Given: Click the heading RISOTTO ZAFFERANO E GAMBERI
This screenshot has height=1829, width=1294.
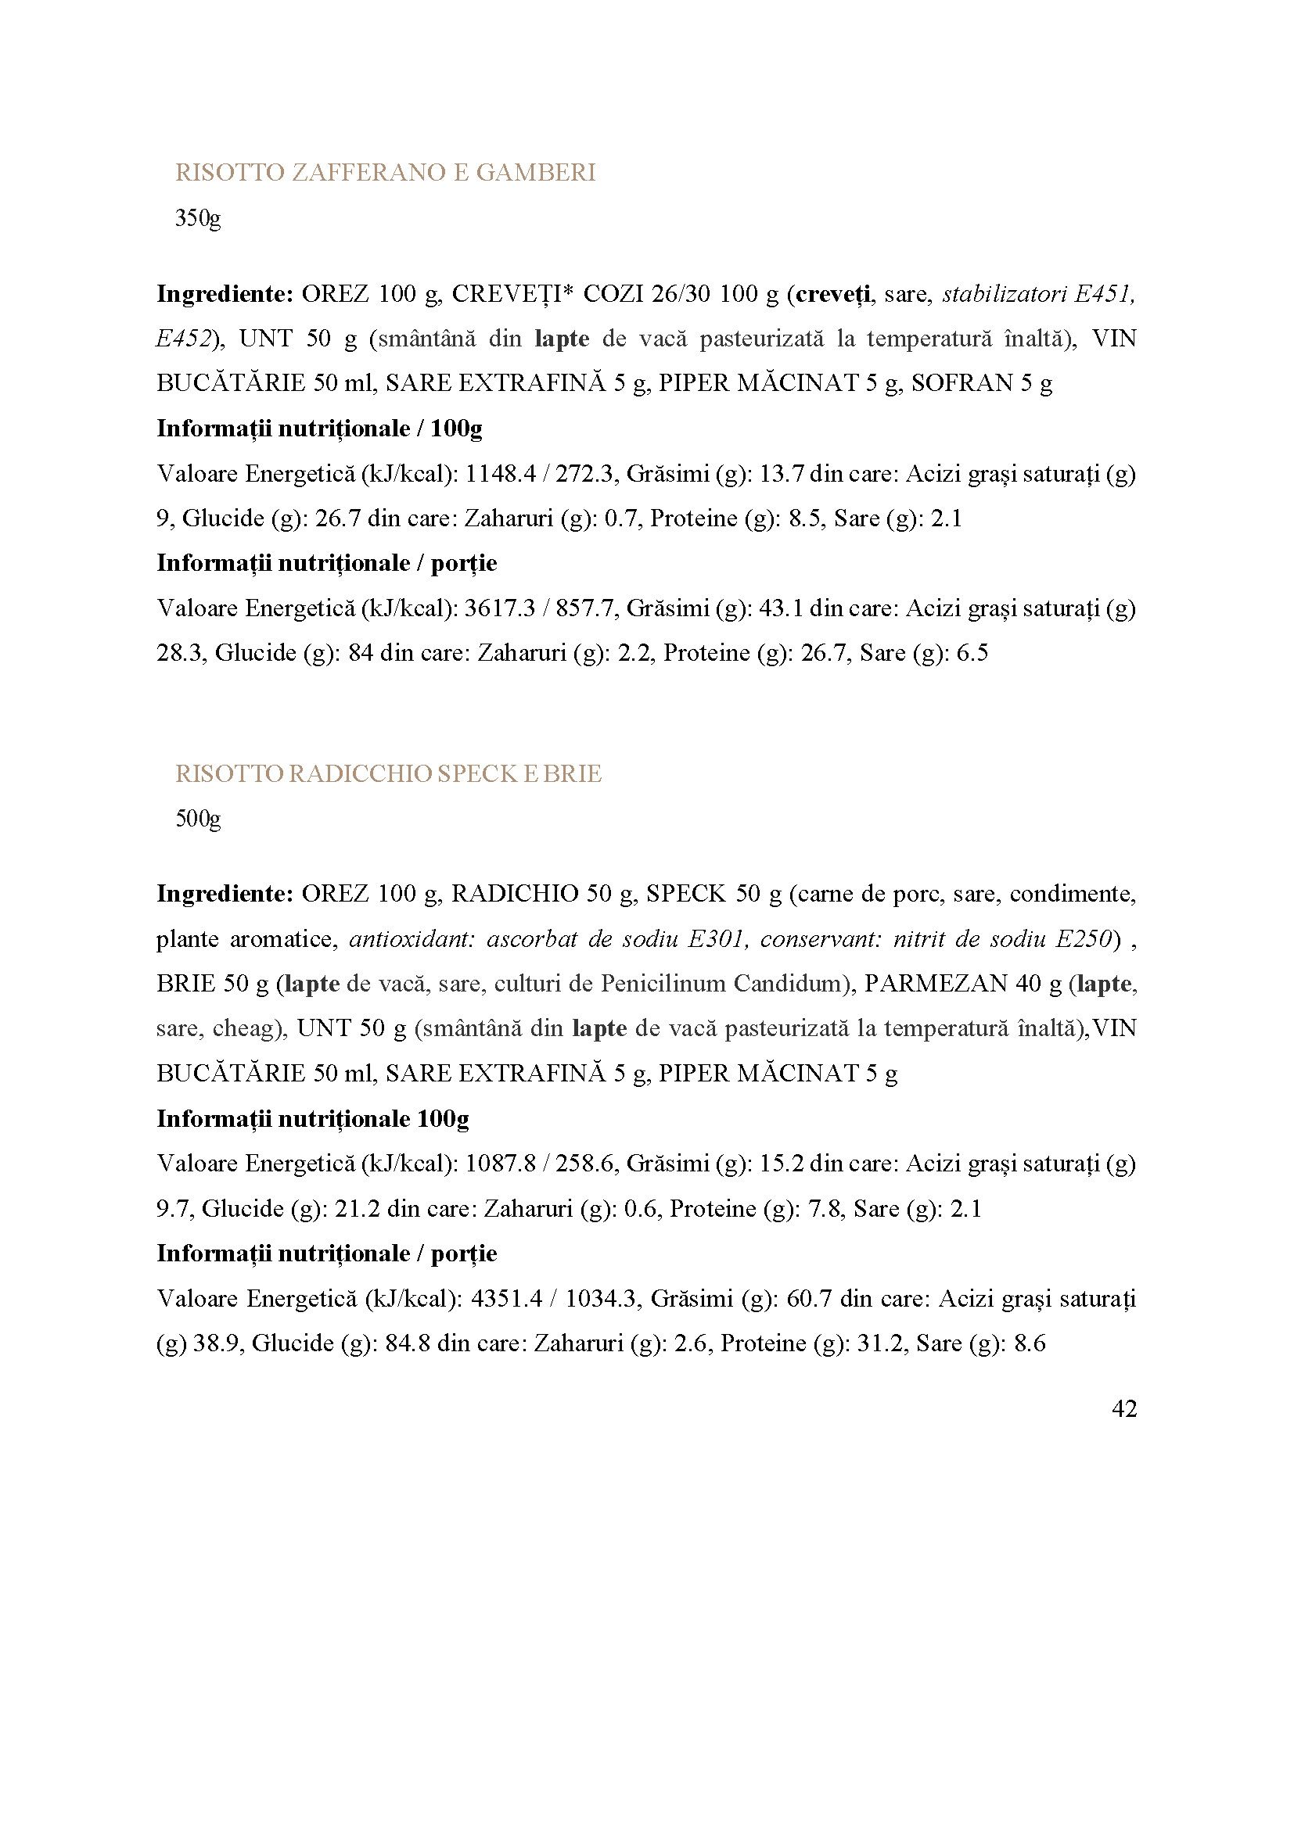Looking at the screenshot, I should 385,173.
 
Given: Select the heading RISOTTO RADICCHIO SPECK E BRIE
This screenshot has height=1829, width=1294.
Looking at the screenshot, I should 388,773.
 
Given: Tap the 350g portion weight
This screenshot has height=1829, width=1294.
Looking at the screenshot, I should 198,218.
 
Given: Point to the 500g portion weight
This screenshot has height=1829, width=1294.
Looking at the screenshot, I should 198,819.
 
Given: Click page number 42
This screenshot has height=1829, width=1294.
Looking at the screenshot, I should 1123,1409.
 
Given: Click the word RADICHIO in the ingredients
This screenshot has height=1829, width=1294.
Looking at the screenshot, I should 515,894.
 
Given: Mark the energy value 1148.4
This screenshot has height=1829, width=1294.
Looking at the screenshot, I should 498,474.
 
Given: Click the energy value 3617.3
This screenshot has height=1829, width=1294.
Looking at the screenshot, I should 498,608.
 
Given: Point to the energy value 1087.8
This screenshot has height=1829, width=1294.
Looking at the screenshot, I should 498,1164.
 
